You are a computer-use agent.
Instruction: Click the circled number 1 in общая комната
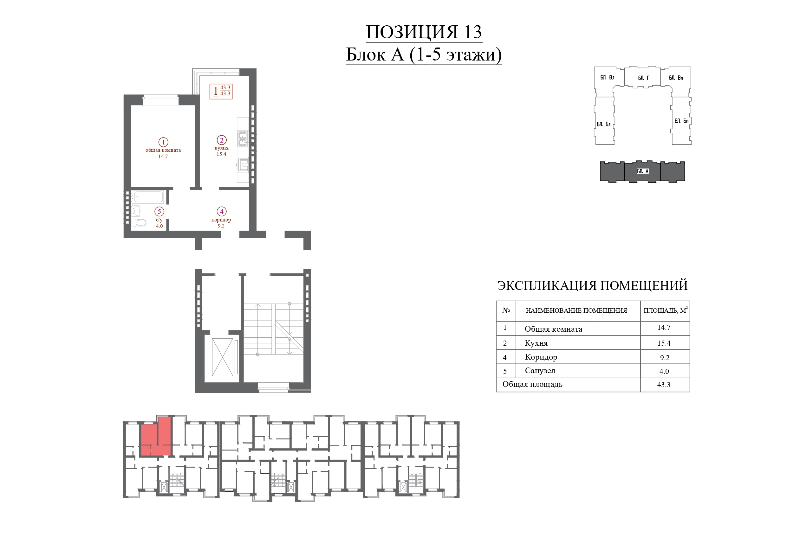[163, 142]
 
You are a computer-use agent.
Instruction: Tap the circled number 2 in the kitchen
[221, 140]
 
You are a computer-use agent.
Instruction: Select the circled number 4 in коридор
[221, 211]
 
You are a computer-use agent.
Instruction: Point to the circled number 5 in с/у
[159, 211]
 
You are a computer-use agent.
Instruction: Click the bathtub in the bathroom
[148, 197]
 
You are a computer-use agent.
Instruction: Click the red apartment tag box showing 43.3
[221, 92]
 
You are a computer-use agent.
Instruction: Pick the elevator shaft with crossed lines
[223, 357]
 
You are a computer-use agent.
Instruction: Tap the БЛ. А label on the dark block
[643, 171]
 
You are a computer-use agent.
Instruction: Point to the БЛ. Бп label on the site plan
[681, 121]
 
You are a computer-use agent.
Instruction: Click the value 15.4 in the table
[664, 343]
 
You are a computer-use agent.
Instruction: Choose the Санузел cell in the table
[540, 371]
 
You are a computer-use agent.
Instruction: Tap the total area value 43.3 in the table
[664, 385]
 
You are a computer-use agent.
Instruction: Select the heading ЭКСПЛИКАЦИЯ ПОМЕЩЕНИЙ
[592, 285]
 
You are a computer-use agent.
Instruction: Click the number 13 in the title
[473, 32]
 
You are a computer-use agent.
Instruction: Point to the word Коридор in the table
[541, 357]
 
